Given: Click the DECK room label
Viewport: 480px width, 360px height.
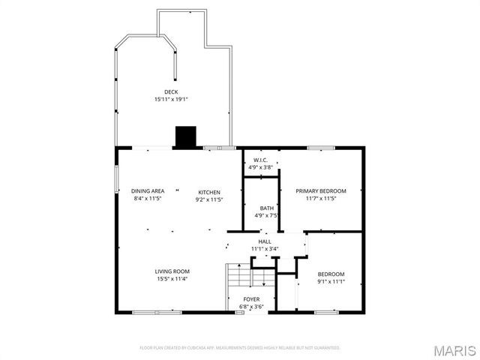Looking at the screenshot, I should point(172,91).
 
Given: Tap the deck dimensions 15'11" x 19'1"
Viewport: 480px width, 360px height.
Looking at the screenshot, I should point(172,99).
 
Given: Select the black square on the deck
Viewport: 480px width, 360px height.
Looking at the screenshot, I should point(185,137).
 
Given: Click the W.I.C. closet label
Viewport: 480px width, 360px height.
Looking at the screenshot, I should point(260,160).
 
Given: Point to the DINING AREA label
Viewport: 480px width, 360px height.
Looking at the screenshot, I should point(148,191).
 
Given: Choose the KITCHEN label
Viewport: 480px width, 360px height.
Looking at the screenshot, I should point(209,191).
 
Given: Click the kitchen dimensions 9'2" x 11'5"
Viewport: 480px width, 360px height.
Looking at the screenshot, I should point(209,199).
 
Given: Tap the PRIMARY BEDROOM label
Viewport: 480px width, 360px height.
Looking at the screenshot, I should point(320,191).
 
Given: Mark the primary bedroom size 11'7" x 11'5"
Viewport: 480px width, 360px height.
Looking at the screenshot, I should point(320,199).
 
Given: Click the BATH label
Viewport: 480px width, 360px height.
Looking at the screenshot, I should point(267,208).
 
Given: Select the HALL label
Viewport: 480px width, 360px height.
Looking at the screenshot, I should point(265,241).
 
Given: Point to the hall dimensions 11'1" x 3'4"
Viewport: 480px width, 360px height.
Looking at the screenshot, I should point(265,248).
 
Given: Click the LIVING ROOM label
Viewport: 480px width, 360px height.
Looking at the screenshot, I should point(172,271).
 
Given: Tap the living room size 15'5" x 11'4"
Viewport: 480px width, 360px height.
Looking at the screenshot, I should point(172,278).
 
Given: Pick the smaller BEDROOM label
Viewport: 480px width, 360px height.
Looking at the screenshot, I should point(331,274).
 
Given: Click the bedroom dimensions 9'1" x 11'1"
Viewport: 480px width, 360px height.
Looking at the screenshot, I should point(331,281).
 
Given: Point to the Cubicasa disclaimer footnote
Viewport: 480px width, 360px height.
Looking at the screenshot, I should point(240,348).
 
